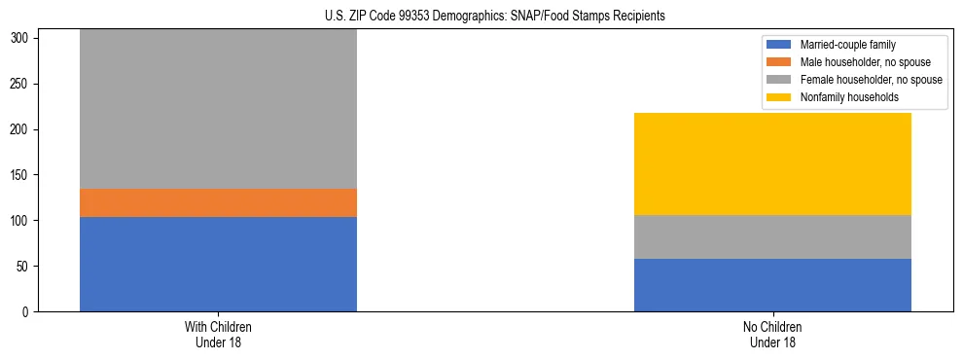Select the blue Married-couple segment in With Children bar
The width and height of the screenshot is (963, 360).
[x=218, y=264]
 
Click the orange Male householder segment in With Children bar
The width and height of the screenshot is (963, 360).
[x=218, y=202]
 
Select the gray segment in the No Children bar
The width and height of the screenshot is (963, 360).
[x=772, y=236]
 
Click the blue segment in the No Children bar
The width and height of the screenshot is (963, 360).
[x=772, y=285]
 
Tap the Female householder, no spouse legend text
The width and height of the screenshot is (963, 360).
[x=871, y=80]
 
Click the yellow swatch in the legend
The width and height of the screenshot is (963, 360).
[x=780, y=97]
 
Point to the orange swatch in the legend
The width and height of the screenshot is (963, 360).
[x=780, y=62]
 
